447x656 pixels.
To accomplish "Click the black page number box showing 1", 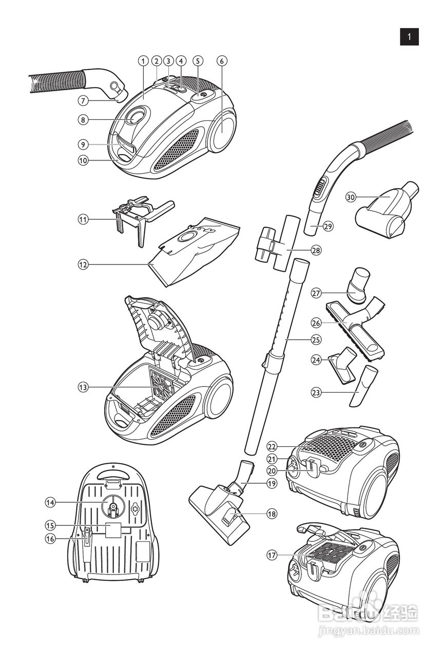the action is (x=409, y=37).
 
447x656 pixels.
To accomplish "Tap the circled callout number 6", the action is (x=222, y=61).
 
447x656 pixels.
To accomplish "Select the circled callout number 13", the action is (x=83, y=387).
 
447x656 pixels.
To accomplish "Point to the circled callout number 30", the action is (x=351, y=197).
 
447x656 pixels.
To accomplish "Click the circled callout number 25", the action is (x=316, y=340).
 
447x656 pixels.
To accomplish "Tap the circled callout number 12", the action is (x=83, y=265).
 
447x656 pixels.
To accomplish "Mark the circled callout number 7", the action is (x=83, y=101).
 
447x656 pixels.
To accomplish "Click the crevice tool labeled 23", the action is (x=364, y=386).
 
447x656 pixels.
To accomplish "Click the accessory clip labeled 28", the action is (x=278, y=242).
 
